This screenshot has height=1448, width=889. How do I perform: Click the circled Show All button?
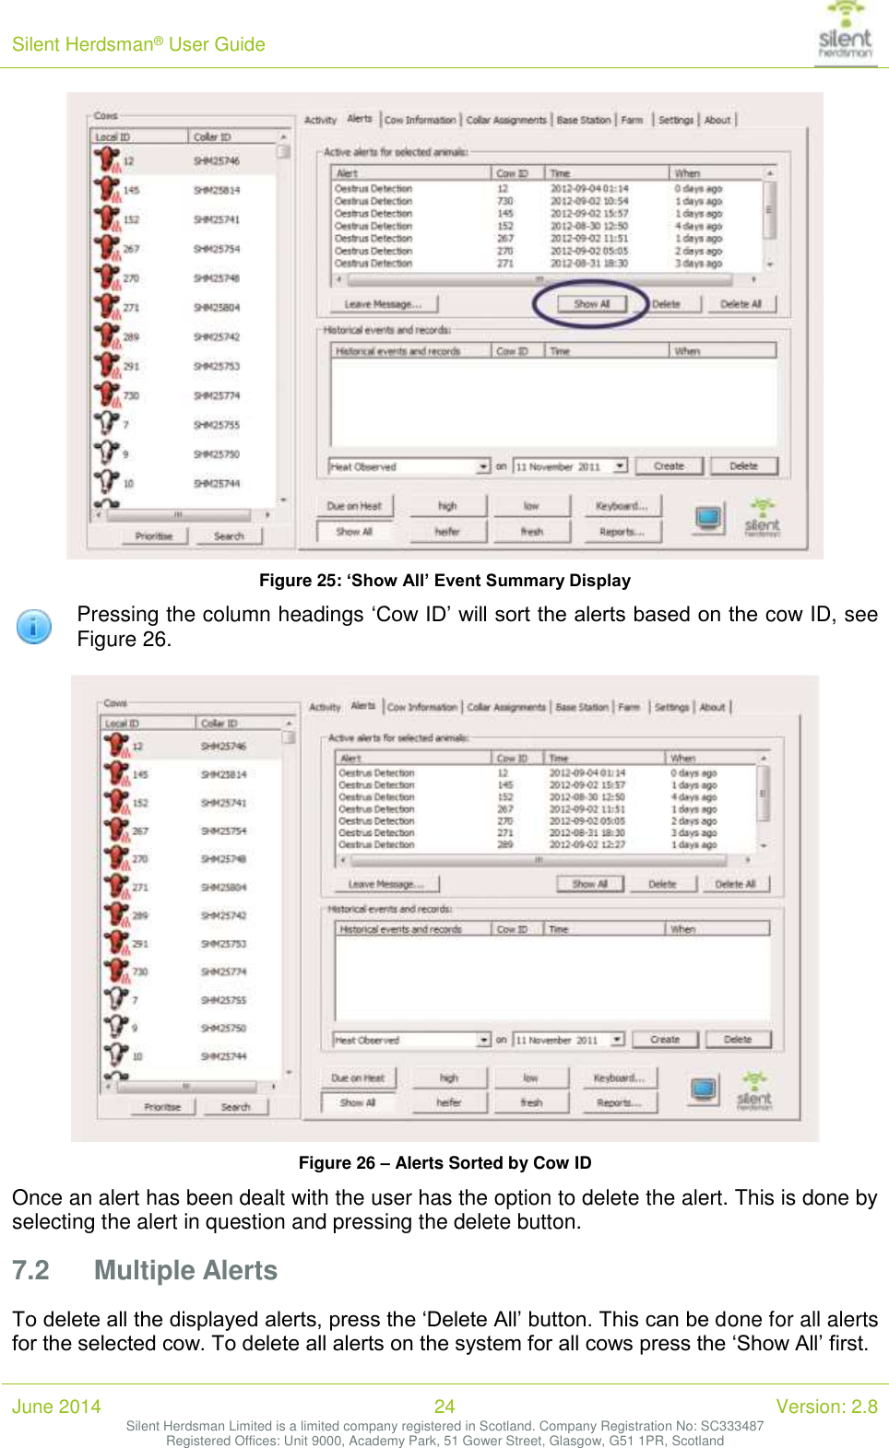click(x=591, y=304)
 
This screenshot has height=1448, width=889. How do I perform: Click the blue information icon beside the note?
click(x=34, y=627)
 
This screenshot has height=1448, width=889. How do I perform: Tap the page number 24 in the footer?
click(x=444, y=1407)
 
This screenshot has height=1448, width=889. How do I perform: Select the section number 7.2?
click(x=30, y=1270)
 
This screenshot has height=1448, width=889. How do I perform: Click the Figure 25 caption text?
click(x=444, y=581)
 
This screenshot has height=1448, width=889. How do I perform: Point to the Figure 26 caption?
click(x=444, y=1163)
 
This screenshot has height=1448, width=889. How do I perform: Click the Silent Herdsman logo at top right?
click(x=845, y=32)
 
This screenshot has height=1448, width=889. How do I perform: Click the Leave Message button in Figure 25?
click(x=383, y=304)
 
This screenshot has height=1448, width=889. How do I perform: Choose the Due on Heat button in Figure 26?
click(x=358, y=1077)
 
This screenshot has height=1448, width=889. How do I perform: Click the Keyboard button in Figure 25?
click(x=622, y=506)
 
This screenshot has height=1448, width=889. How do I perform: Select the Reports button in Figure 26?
click(x=619, y=1102)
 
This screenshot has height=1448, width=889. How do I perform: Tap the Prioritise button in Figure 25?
click(x=154, y=536)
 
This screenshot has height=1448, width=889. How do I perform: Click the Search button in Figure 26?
click(x=235, y=1107)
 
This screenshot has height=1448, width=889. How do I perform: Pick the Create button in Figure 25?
click(x=669, y=466)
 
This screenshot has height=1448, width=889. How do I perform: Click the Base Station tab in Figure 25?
click(x=584, y=120)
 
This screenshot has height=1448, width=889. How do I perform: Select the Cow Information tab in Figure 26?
click(x=421, y=707)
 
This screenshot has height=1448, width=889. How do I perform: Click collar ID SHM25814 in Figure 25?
click(x=217, y=190)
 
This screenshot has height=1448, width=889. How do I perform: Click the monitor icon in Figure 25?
click(x=708, y=518)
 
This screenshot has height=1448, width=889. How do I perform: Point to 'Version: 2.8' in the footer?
click(x=826, y=1407)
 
